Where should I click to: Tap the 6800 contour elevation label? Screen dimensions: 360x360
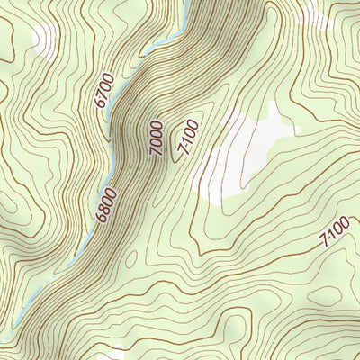[105, 204]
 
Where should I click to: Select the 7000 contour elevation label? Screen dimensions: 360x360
[157, 139]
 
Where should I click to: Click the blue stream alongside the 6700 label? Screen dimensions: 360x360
[121, 99]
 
